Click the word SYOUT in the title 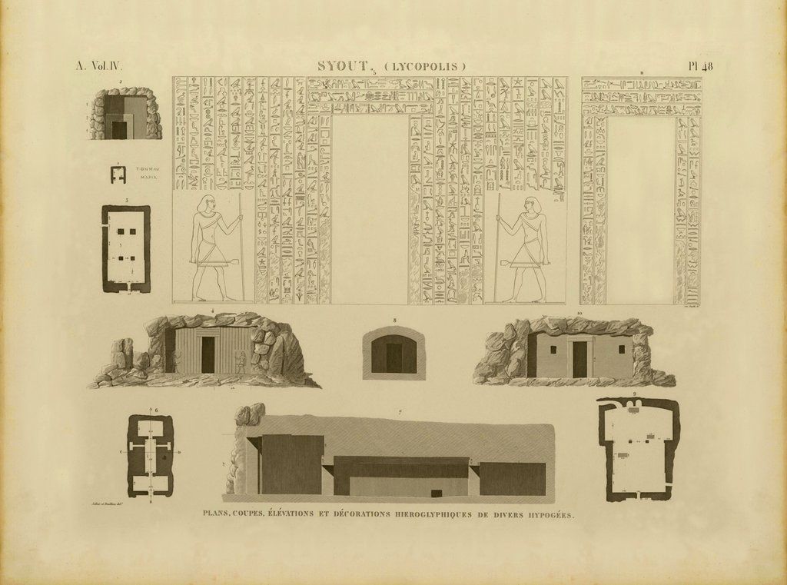(343, 66)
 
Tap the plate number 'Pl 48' (700, 66)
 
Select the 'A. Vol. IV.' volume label (98, 66)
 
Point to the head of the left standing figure (205, 204)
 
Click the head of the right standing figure (530, 205)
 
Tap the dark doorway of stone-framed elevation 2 (119, 130)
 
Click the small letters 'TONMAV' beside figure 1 (147, 168)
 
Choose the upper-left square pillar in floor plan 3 (119, 231)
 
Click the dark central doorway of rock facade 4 (208, 354)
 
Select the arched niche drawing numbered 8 (393, 354)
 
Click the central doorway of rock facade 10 (579, 359)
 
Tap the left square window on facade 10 (551, 348)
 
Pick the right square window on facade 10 (621, 349)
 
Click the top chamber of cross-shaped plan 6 (151, 427)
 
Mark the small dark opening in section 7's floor (437, 493)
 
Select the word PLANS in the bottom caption (214, 514)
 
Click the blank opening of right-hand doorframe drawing (640, 208)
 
